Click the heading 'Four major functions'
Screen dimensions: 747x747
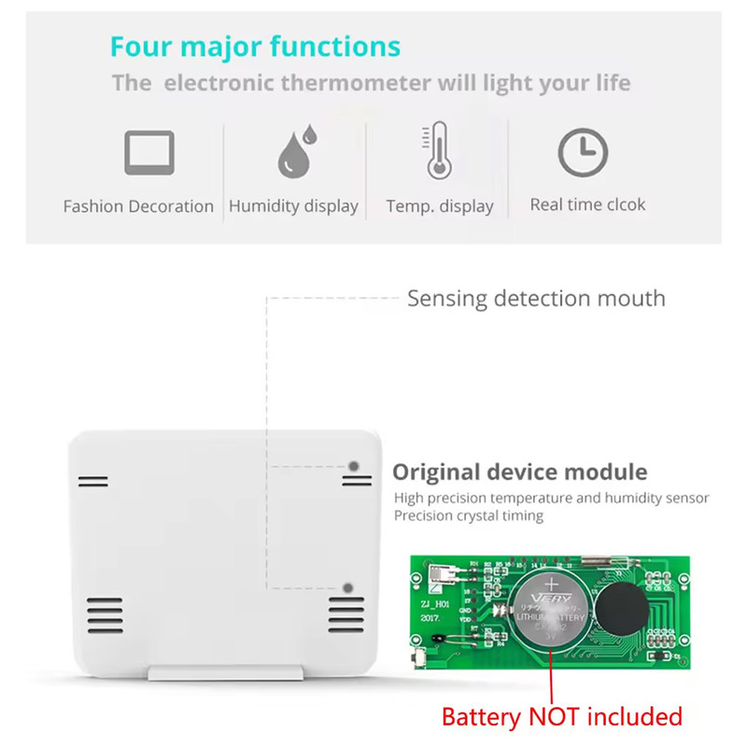pos(255,46)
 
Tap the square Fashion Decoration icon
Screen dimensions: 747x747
pos(149,152)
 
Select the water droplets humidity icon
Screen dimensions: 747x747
pos(296,152)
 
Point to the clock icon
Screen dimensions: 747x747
pos(583,153)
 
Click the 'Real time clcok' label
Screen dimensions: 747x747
pos(587,204)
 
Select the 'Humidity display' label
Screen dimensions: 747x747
pos(293,206)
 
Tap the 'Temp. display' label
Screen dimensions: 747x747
pos(440,206)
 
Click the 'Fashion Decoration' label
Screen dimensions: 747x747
pos(138,206)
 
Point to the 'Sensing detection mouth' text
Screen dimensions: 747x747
pos(536,299)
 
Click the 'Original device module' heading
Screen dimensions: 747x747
pos(519,472)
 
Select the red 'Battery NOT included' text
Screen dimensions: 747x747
pos(561,717)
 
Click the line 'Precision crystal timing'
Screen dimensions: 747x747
pos(468,515)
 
